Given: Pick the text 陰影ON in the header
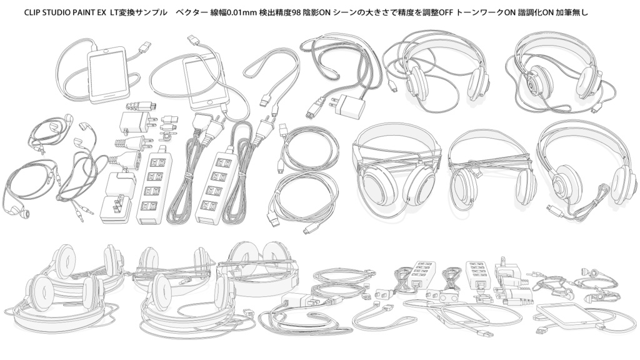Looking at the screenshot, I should coord(316,12).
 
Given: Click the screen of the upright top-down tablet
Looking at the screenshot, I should coord(107,75).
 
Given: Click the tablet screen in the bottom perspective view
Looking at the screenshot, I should coord(569,316).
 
